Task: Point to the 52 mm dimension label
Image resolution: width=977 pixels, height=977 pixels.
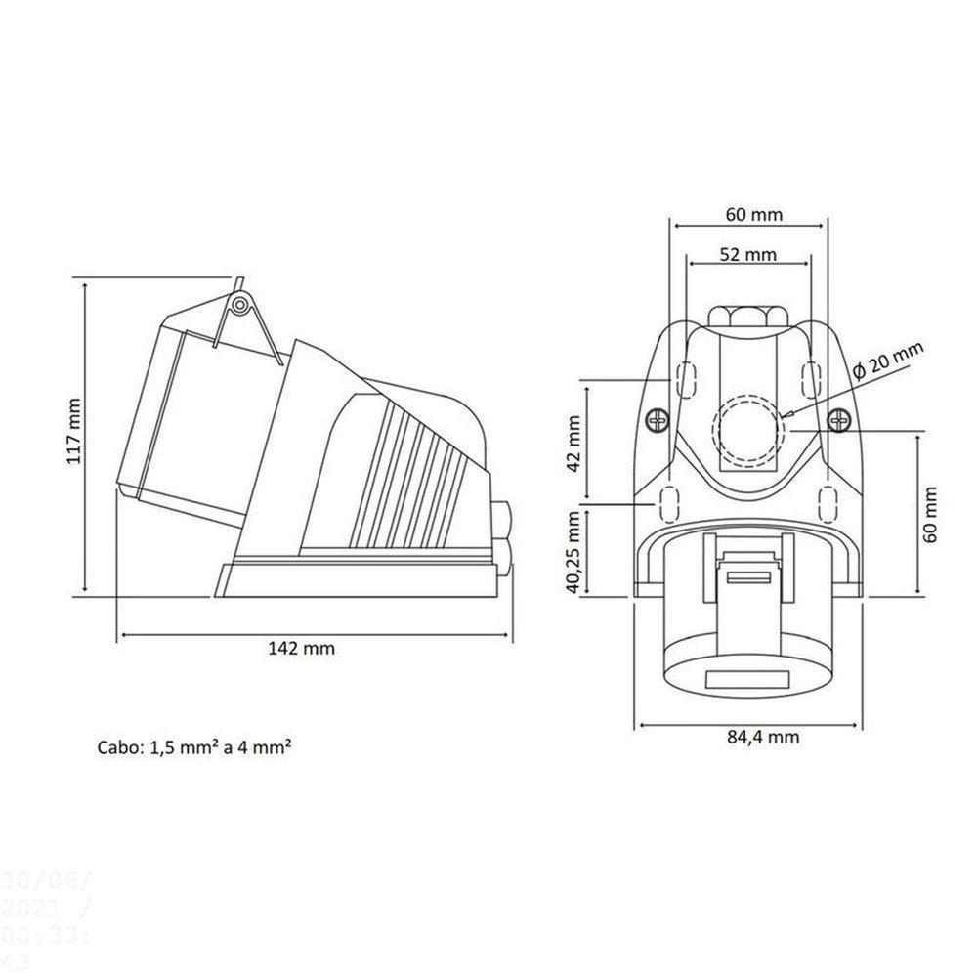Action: tap(748, 255)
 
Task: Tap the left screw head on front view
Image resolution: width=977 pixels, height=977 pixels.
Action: tap(657, 421)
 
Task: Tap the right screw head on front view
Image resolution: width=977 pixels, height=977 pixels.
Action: tap(836, 421)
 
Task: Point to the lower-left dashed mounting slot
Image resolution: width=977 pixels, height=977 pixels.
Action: tap(670, 503)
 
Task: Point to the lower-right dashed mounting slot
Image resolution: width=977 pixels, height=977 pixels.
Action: tap(827, 503)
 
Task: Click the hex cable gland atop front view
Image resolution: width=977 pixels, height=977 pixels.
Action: tap(745, 315)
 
